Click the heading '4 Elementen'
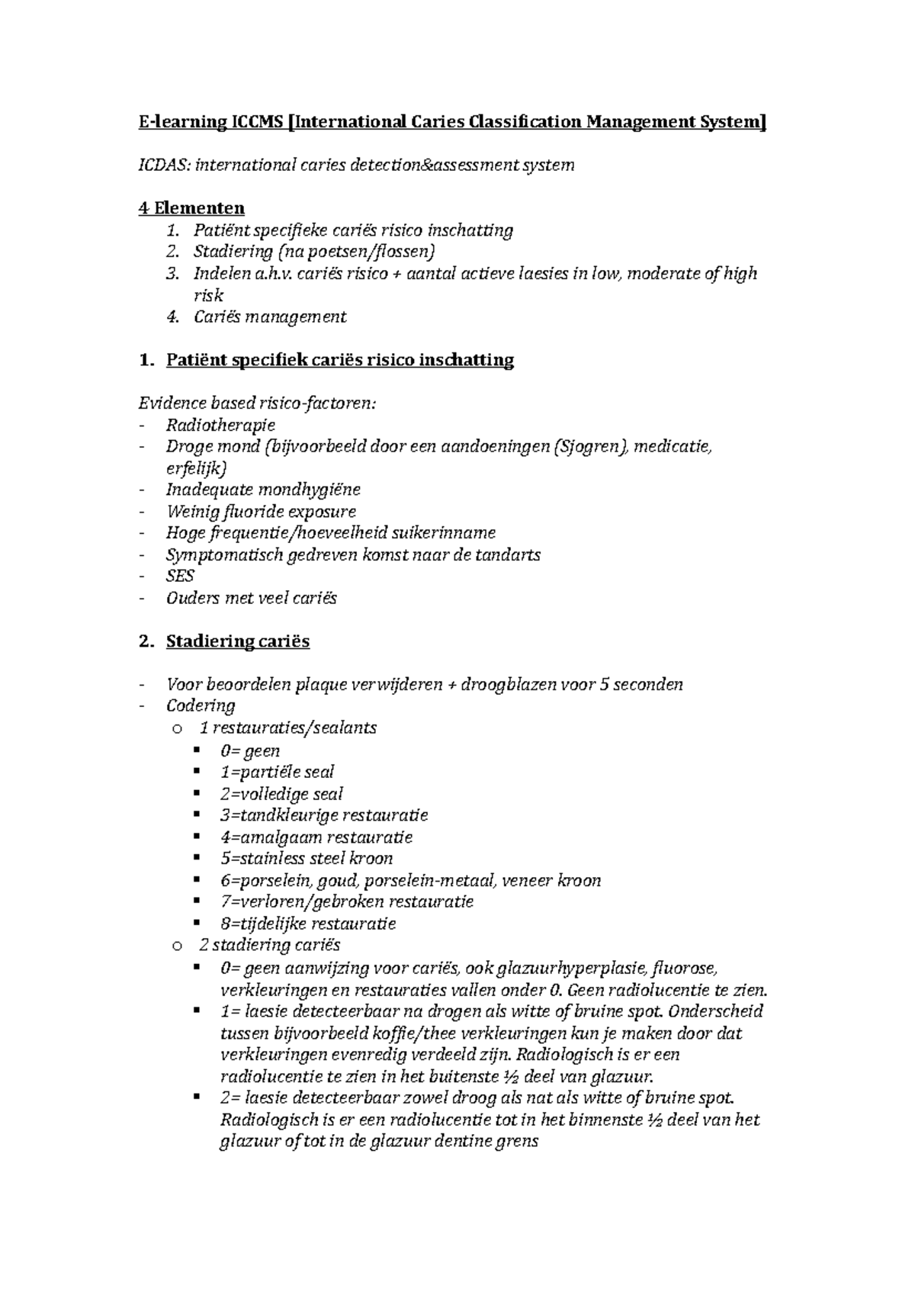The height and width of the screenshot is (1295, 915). [x=191, y=208]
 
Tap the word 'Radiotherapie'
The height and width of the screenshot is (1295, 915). [x=220, y=425]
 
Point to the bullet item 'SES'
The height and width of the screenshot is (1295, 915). [x=180, y=576]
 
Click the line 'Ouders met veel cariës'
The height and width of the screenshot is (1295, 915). [x=251, y=598]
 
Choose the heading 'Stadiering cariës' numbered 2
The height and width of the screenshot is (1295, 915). [x=237, y=641]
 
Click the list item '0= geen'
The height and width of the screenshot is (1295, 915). [x=250, y=750]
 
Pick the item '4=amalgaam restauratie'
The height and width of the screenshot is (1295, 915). [x=316, y=837]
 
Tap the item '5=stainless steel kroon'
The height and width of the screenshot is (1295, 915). [x=307, y=859]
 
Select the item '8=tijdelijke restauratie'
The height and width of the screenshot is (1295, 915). [x=308, y=924]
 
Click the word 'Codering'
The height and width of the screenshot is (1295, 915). [x=201, y=705]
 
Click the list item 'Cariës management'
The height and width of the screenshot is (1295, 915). [x=270, y=317]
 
